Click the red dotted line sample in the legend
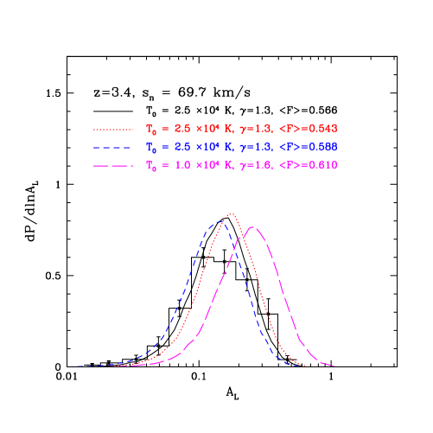pyautogui.click(x=113, y=130)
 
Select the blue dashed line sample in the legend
pyautogui.click(x=113, y=147)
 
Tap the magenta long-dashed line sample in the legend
pyautogui.click(x=113, y=165)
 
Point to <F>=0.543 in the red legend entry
pyautogui.click(x=309, y=129)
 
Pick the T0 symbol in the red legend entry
pyautogui.click(x=151, y=130)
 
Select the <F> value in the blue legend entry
pyautogui.click(x=309, y=147)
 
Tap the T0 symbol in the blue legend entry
pyautogui.click(x=151, y=148)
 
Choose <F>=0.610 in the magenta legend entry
pyautogui.click(x=309, y=164)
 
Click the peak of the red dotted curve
pyautogui.click(x=231, y=213)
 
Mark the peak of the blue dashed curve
pyautogui.click(x=217, y=224)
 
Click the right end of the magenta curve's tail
pyautogui.click(x=334, y=365)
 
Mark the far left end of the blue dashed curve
pyautogui.click(x=73, y=366)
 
